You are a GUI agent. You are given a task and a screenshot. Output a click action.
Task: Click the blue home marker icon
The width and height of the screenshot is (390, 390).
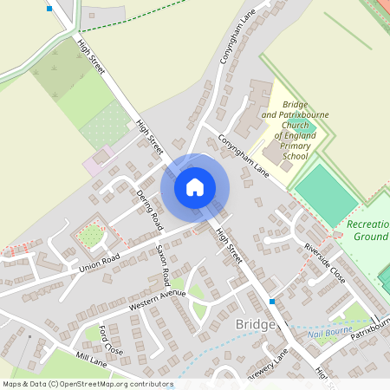click(x=195, y=187)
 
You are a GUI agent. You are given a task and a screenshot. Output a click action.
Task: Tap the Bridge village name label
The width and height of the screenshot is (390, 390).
click(x=255, y=323)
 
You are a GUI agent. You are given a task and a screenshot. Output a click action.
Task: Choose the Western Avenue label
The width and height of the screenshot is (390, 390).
click(x=157, y=300)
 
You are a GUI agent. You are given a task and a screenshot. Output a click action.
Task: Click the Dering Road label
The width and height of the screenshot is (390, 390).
click(x=148, y=210)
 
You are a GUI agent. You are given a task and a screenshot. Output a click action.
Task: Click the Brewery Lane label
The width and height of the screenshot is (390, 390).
click(x=270, y=367)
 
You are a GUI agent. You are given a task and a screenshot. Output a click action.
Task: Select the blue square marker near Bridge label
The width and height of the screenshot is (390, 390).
click(x=272, y=302)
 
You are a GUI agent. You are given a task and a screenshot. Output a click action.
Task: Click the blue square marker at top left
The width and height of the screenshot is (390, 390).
click(x=49, y=9)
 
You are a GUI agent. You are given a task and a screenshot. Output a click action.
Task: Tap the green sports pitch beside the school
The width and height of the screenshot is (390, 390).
click(x=325, y=192)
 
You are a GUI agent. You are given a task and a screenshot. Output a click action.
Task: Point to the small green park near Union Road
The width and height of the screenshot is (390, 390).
click(x=90, y=235)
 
